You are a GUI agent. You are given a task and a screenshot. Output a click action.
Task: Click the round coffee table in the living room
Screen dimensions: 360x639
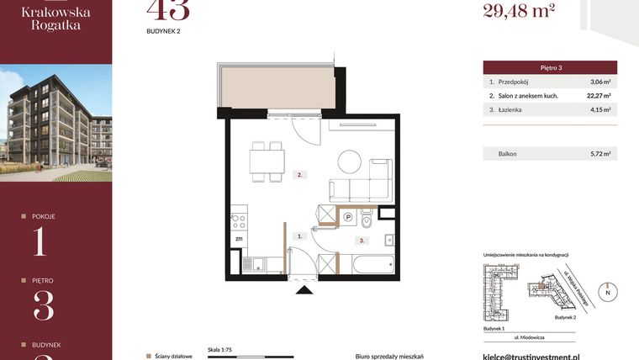351,161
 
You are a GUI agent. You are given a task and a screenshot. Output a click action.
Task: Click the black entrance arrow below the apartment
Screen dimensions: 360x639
304,289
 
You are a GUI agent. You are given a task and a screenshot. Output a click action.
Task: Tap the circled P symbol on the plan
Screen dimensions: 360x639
348,217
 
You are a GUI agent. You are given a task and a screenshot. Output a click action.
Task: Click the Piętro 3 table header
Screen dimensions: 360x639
550,67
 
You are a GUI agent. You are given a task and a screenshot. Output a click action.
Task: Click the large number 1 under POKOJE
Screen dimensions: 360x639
40,241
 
